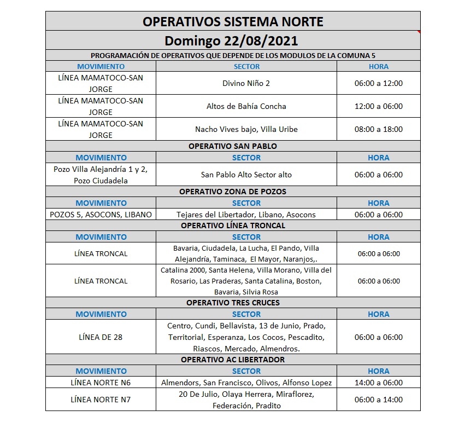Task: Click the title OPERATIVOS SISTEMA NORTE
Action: coord(233,21)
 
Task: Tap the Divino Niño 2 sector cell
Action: coord(246,84)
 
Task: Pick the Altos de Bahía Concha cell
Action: coord(246,106)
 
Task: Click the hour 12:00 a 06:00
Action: coord(378,106)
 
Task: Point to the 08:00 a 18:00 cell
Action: coord(378,130)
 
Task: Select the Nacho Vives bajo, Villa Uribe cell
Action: coord(246,130)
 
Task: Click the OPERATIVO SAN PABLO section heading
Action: coord(233,146)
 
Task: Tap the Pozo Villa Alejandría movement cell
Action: coord(101,175)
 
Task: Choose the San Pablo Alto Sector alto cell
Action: coord(246,175)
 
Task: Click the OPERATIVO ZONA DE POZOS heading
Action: coord(233,192)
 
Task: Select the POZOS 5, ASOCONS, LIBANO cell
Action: coord(101,215)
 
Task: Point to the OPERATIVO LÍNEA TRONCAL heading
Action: coord(233,226)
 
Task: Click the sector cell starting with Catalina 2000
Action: coord(246,281)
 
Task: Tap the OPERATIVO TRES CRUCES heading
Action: coord(233,303)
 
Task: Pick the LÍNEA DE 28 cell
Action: coord(101,337)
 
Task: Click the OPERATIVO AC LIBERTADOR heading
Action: coord(233,360)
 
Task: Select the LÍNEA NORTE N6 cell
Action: coord(101,383)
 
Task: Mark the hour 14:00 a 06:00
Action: coord(378,383)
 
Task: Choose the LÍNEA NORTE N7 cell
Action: coord(101,400)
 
